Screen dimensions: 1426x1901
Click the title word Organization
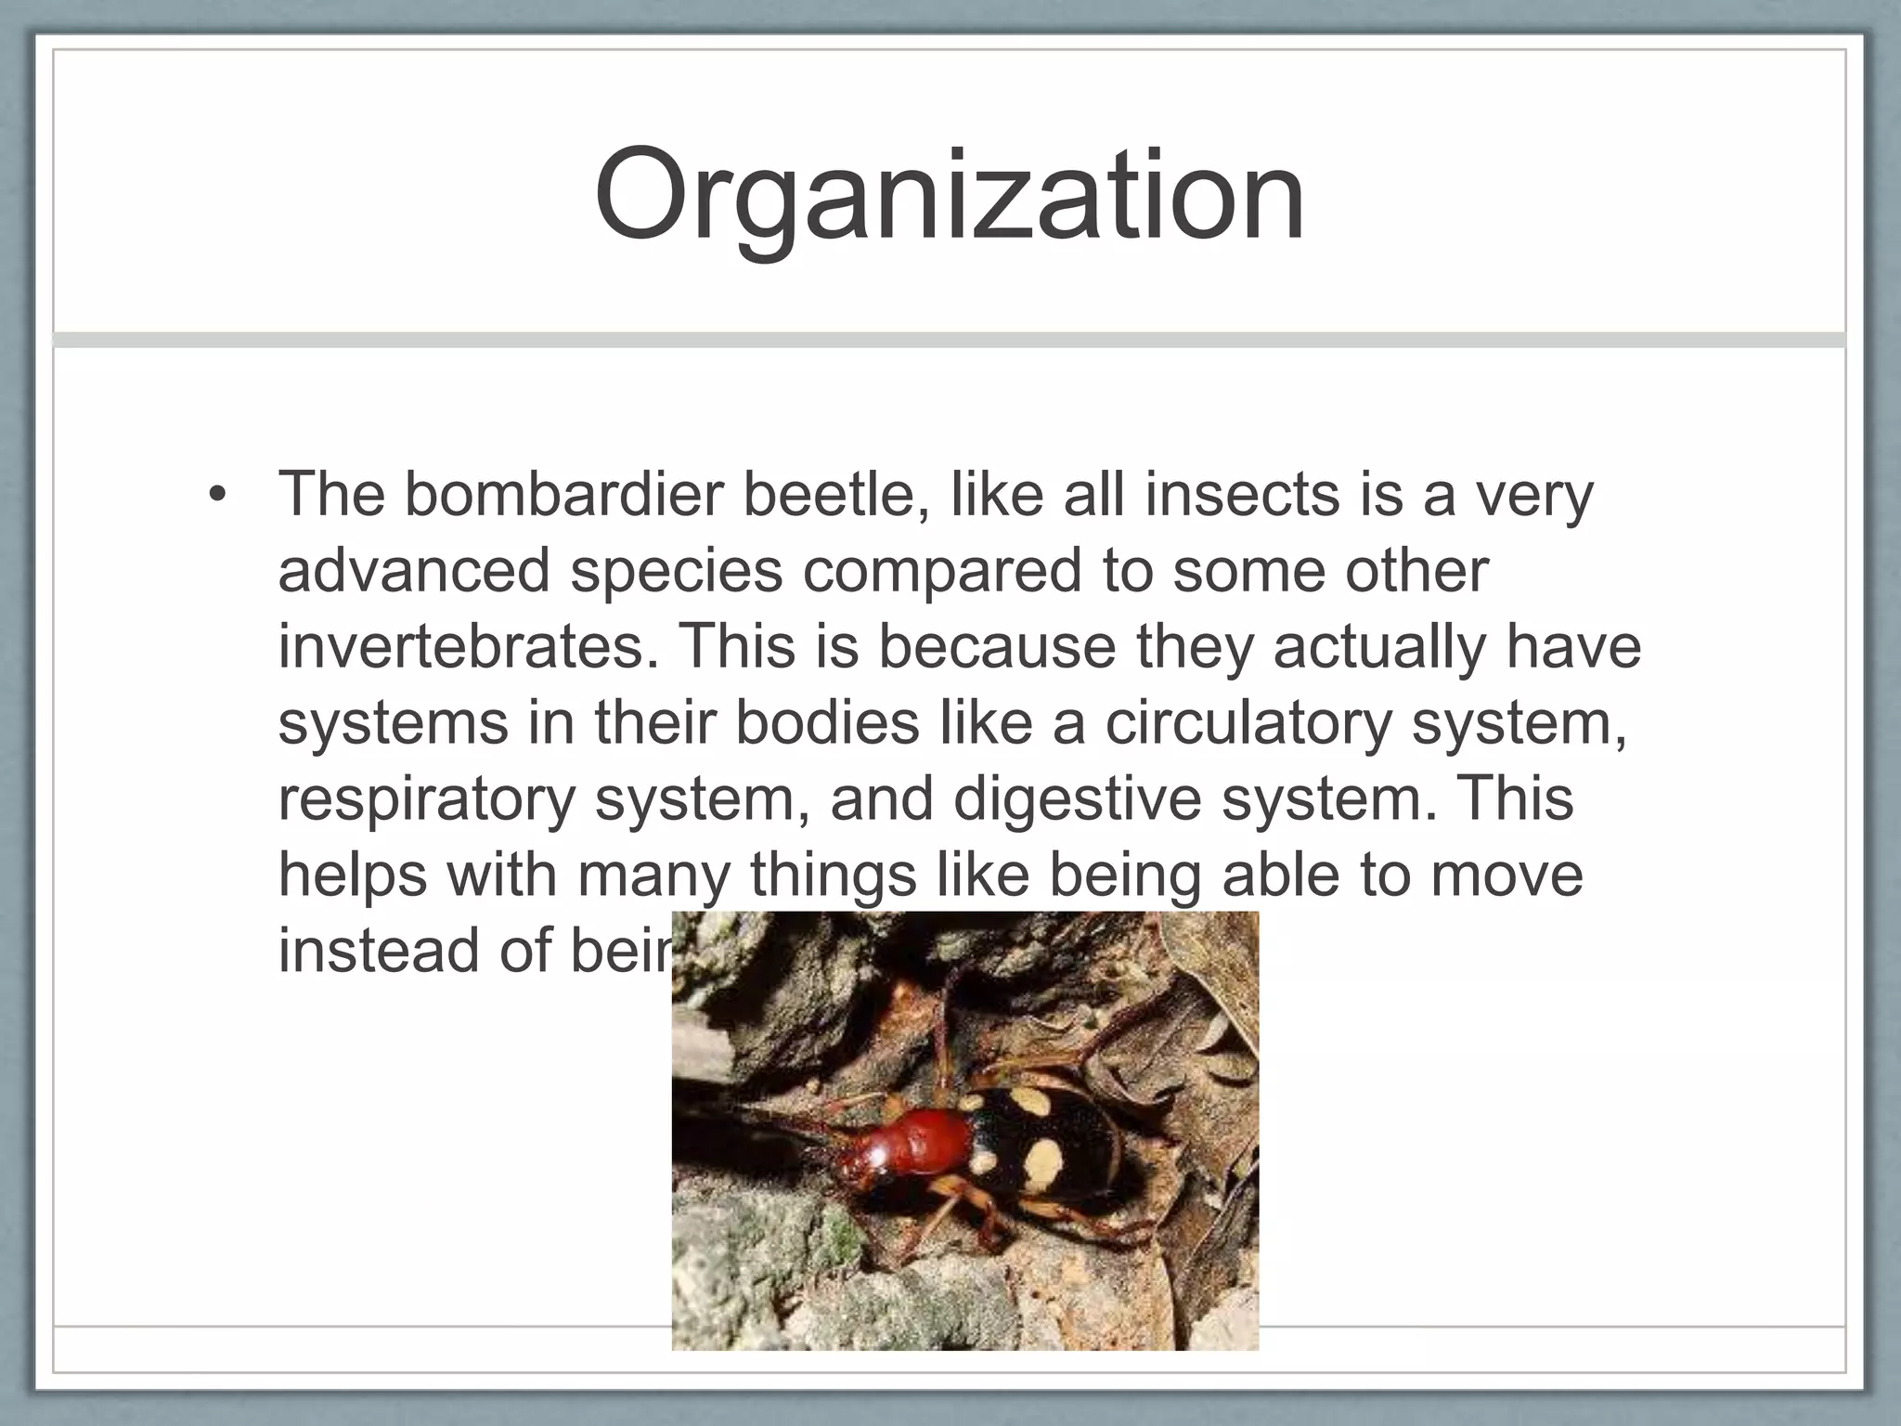tap(949, 197)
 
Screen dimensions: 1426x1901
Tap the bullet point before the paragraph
tap(217, 496)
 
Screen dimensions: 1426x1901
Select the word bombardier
tap(563, 494)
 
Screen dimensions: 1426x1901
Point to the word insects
tap(1242, 494)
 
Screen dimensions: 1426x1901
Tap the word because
tap(997, 646)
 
